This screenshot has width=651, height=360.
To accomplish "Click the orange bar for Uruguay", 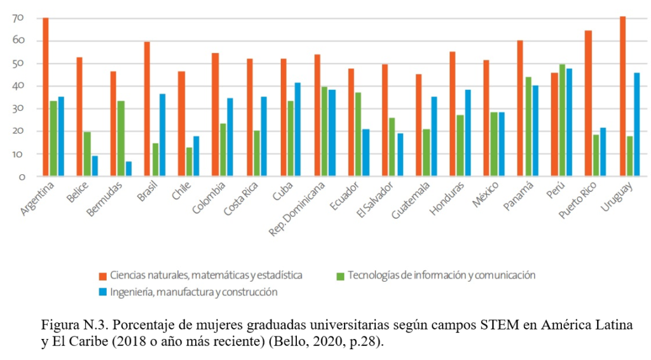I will click(x=622, y=96).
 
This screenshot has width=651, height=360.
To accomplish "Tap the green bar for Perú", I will click(x=562, y=120).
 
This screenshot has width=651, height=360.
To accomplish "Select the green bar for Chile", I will click(x=189, y=162).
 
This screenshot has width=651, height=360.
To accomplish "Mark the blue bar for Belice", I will click(x=95, y=166).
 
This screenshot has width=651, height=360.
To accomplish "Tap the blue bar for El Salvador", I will click(x=399, y=155).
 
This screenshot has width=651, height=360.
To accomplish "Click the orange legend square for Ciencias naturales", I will click(x=102, y=276).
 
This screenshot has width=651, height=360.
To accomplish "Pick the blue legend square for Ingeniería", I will click(x=102, y=293).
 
